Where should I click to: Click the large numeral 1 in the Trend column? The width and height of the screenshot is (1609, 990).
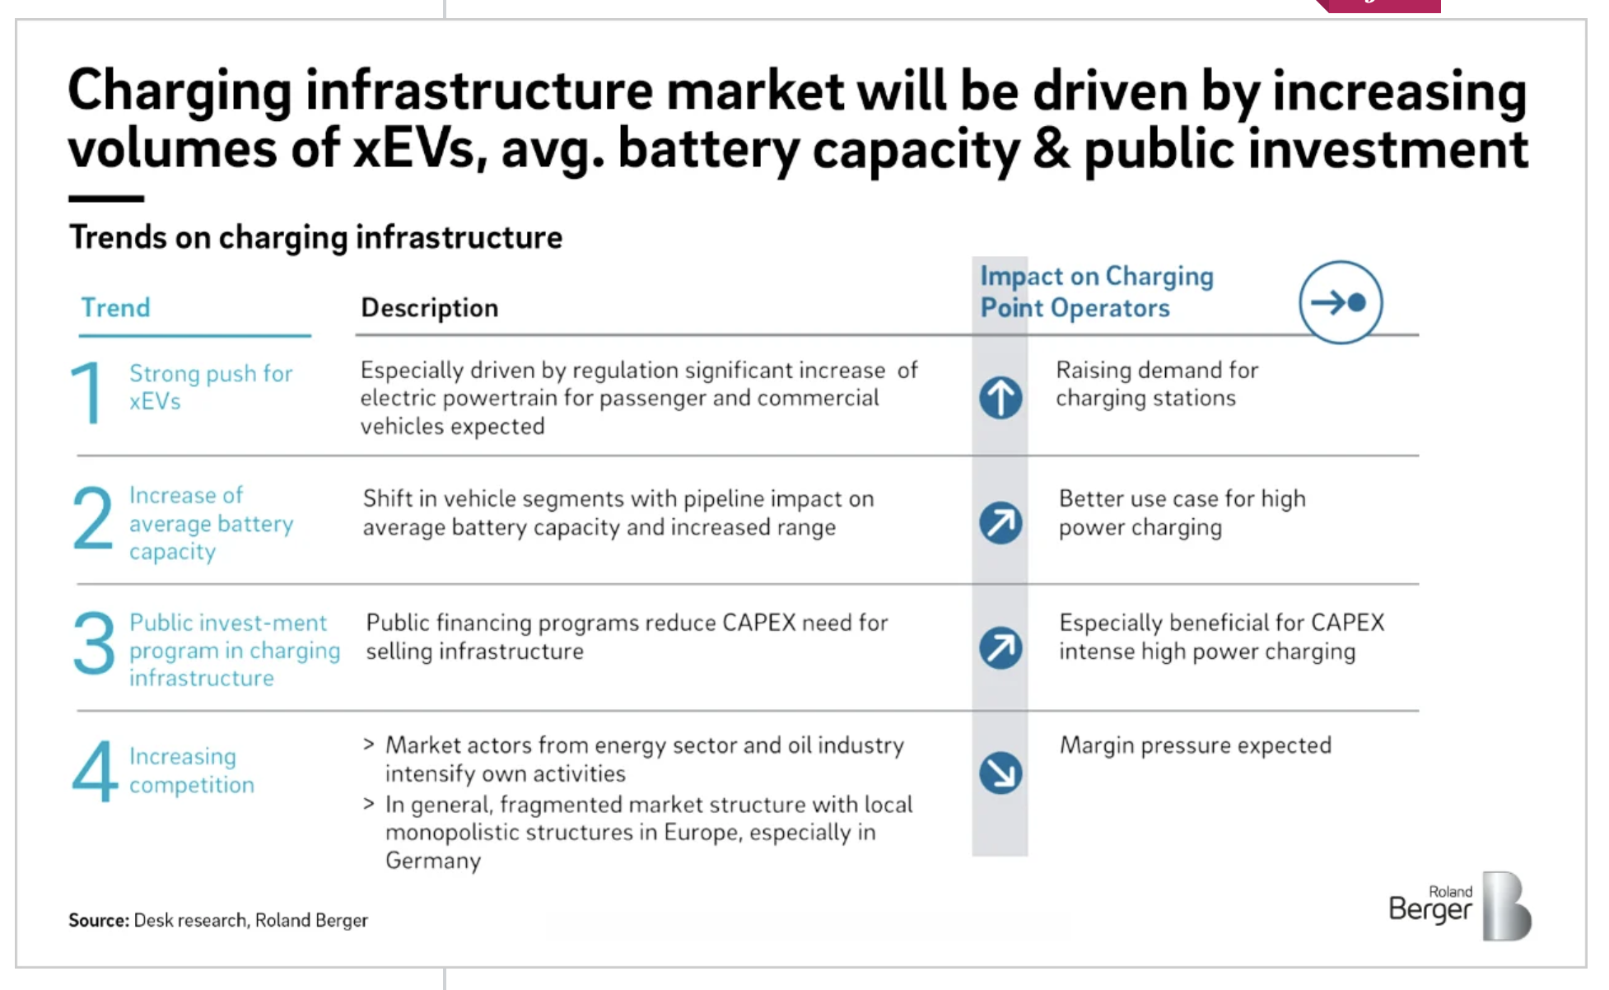click(87, 392)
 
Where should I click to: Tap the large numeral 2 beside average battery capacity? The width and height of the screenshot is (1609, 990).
click(92, 517)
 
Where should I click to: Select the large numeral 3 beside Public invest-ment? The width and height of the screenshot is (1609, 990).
click(93, 642)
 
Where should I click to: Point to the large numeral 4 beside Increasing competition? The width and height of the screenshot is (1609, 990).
click(95, 770)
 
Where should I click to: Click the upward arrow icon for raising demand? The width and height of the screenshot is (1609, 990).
click(1000, 398)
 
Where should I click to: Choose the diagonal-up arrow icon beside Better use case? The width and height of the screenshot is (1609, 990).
click(1000, 523)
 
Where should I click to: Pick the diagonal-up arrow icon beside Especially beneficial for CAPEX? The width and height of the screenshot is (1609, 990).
click(1000, 647)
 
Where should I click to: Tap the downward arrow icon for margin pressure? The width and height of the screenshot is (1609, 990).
click(1000, 773)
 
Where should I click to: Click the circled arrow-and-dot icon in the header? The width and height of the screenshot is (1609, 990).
click(1340, 302)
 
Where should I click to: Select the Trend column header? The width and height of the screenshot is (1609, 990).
click(115, 307)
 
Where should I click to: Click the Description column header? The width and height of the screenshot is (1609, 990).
click(429, 307)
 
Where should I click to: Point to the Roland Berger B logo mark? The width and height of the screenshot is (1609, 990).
click(1506, 906)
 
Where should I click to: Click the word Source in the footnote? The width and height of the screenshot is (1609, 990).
click(98, 920)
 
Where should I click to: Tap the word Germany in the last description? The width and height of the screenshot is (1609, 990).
click(433, 861)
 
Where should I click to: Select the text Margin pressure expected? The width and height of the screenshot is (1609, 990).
click(1195, 745)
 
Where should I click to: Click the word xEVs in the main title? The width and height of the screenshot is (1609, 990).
click(414, 149)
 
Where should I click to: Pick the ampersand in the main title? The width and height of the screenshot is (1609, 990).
click(1051, 149)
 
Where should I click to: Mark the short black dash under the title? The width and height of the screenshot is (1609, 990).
click(106, 198)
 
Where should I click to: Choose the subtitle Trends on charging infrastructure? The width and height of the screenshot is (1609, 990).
click(315, 237)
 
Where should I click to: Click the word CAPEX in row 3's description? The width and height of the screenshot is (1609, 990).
click(758, 623)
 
